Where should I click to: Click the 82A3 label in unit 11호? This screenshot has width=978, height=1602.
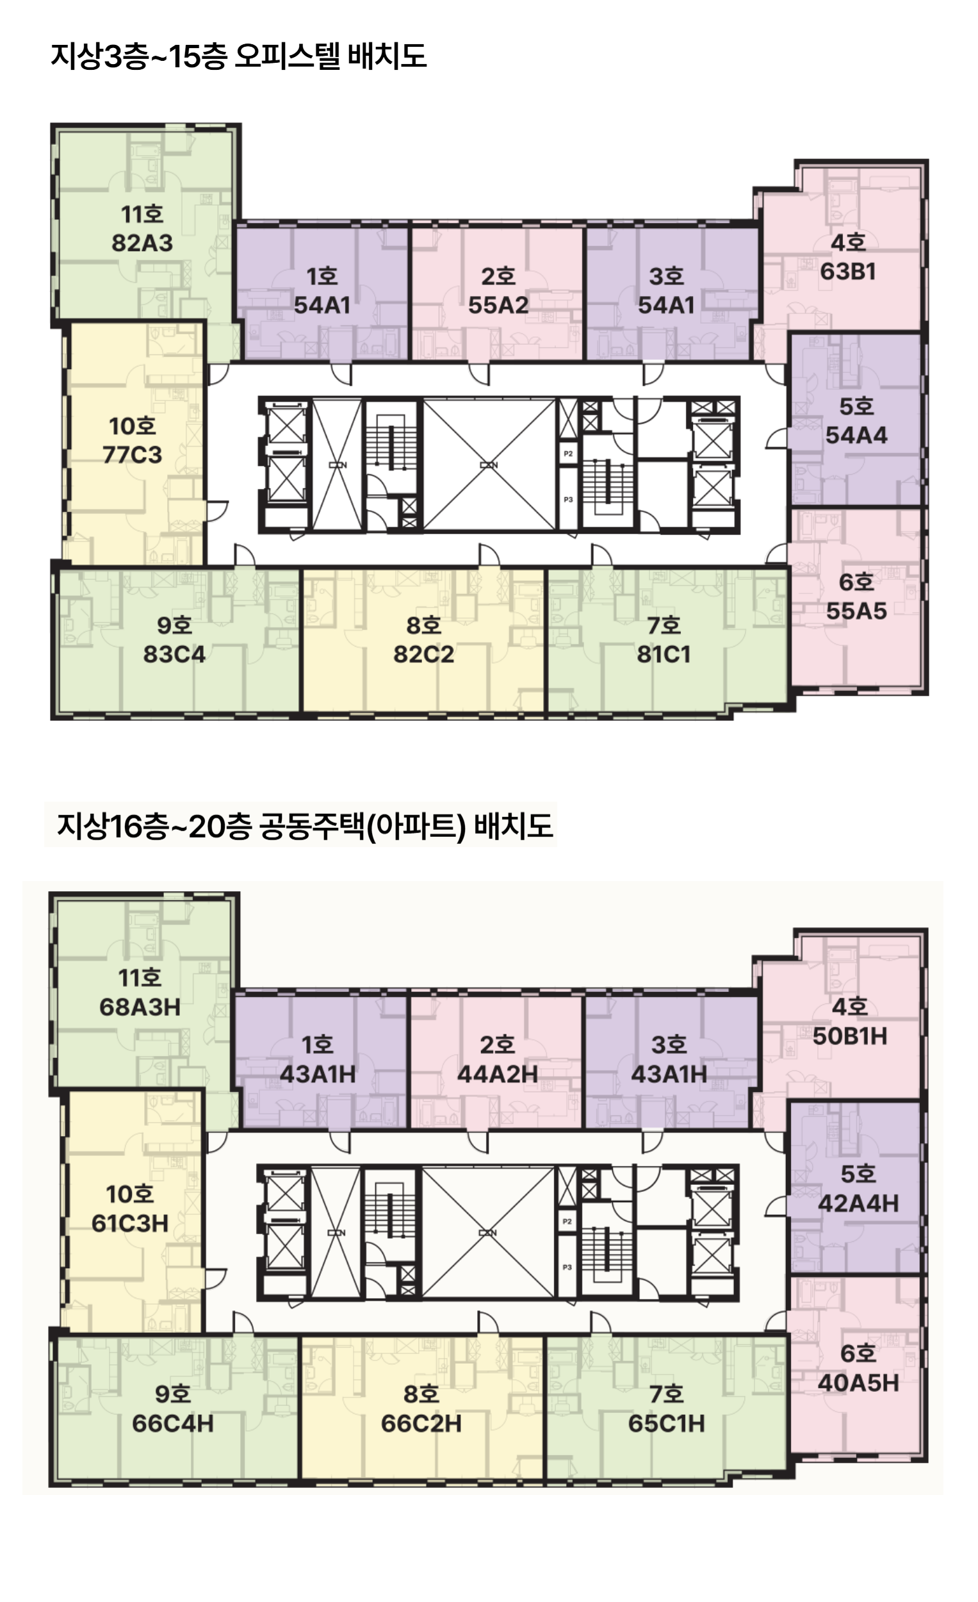(x=142, y=243)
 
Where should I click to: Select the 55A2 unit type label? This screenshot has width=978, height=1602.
(x=498, y=305)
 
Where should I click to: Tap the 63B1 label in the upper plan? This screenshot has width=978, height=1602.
(x=848, y=271)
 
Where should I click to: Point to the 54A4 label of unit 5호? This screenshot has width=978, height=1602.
(x=856, y=435)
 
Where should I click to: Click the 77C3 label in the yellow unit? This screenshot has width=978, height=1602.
(x=132, y=454)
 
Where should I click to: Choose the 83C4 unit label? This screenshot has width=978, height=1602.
(x=174, y=654)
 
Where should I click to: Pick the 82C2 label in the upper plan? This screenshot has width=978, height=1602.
(x=423, y=654)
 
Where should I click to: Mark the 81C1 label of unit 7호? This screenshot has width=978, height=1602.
(x=664, y=654)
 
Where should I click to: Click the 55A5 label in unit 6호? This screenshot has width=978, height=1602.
(x=856, y=611)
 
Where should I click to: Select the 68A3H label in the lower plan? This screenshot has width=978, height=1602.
(x=140, y=1007)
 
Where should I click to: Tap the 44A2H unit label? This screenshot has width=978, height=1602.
(x=497, y=1074)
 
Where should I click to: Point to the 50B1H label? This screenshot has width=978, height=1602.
(x=849, y=1036)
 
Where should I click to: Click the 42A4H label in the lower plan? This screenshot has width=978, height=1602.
(x=858, y=1203)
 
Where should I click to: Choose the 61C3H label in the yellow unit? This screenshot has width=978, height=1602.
(x=130, y=1223)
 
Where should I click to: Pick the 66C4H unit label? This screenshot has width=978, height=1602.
(x=172, y=1424)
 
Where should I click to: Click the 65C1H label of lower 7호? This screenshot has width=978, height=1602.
(x=666, y=1424)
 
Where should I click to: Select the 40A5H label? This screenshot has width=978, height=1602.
(x=858, y=1383)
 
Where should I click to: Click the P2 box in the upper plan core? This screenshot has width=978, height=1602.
(x=568, y=454)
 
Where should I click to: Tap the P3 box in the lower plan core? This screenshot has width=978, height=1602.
(x=567, y=1267)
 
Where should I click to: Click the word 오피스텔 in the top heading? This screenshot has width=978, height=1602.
(x=286, y=56)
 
